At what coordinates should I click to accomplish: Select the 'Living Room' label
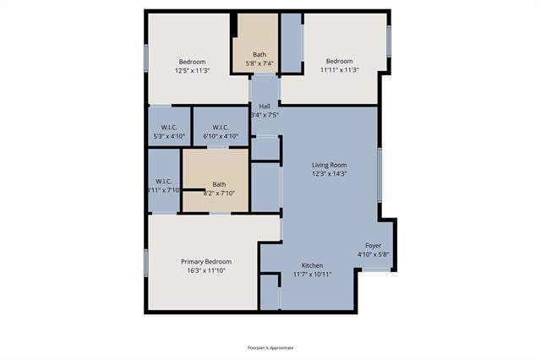[329, 165]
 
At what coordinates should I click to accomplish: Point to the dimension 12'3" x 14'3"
[329, 174]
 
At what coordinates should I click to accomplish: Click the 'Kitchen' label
[313, 265]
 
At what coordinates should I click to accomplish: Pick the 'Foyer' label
[373, 245]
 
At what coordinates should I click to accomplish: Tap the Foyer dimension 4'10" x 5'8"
[373, 254]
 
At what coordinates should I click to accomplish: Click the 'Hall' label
[265, 106]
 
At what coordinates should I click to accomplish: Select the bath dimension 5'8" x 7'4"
[259, 63]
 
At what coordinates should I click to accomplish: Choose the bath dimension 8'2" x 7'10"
[219, 194]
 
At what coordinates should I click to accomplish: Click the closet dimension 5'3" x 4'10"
[170, 136]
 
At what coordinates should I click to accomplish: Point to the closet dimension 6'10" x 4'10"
[221, 136]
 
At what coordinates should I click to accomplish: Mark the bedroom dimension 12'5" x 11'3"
[193, 70]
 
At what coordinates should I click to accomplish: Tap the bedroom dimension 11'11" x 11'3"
[339, 70]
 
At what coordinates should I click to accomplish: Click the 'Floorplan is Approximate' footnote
[270, 347]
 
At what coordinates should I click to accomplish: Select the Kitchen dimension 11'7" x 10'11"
[313, 275]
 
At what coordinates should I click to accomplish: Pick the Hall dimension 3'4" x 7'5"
[265, 115]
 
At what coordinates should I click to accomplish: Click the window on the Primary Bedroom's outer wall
[146, 262]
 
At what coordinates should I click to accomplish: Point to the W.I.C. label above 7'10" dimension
[164, 182]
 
